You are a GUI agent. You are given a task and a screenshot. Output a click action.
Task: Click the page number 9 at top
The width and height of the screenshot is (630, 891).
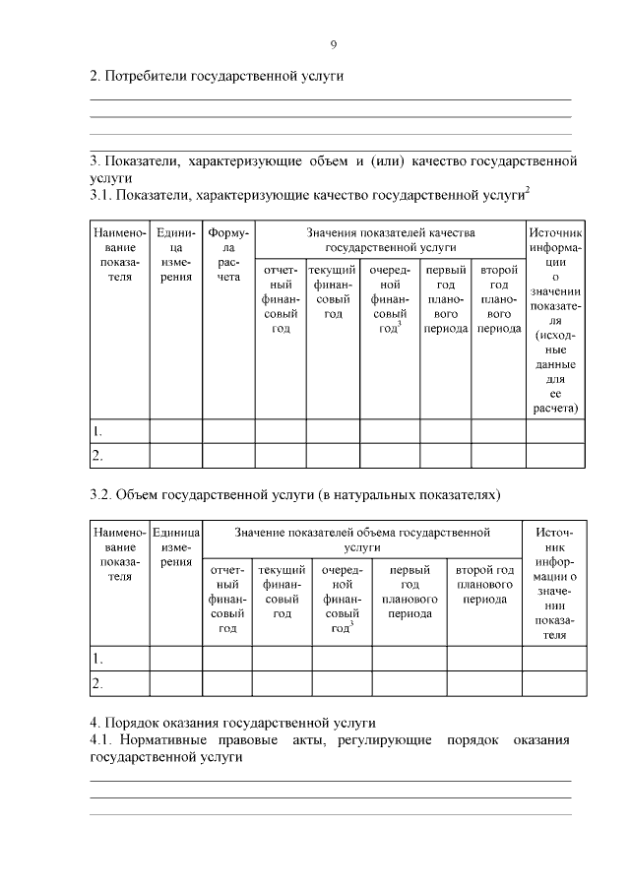coord(333,43)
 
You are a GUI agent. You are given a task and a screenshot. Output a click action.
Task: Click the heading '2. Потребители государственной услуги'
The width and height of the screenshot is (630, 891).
coord(217,77)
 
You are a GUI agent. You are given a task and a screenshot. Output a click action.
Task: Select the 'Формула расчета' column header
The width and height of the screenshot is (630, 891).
coord(228,256)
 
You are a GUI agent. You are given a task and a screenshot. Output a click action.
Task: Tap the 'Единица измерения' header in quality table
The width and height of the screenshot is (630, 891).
coord(174,256)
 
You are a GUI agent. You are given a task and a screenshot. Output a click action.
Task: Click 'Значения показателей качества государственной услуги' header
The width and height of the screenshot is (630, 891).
coord(390,240)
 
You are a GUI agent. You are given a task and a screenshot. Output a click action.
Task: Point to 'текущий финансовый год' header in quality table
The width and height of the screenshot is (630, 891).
coord(333,291)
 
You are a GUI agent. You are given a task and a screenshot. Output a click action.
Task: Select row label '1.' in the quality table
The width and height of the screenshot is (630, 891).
coord(97,431)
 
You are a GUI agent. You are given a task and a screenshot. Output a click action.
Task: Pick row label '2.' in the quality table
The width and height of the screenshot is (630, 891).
coord(97,456)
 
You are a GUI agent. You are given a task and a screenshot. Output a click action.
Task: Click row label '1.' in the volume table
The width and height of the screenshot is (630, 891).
coord(97,658)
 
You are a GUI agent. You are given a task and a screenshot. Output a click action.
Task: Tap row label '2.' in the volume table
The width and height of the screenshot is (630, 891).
coord(97,682)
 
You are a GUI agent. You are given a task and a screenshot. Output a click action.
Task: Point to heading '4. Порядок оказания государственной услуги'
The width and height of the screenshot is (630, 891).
coord(232,722)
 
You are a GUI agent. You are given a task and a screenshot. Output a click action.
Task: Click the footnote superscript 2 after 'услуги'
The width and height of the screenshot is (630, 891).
coord(529,190)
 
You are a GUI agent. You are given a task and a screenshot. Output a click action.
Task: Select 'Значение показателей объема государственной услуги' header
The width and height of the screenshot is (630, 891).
coord(362,540)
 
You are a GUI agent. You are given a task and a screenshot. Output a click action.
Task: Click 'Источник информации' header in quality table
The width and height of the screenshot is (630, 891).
coord(555,320)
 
